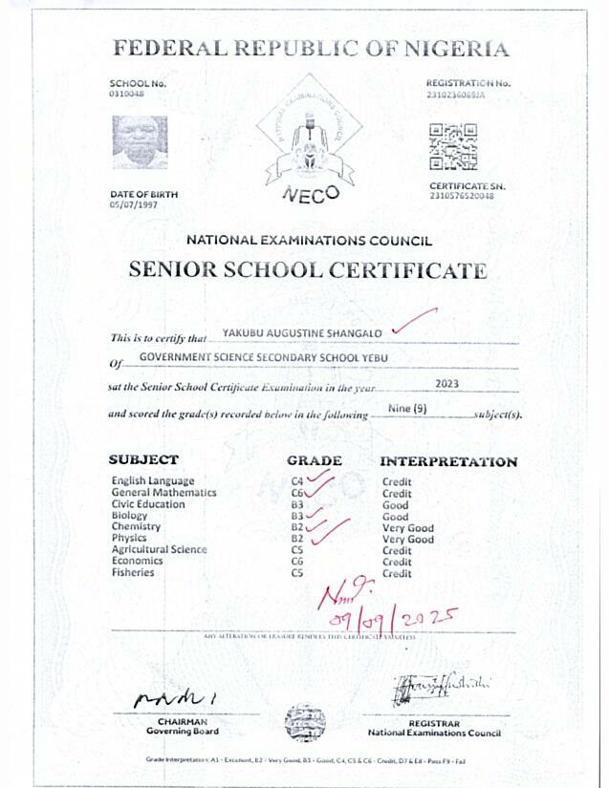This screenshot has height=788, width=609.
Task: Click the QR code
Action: tap(453, 147)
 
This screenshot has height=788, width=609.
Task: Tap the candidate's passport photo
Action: tap(140, 142)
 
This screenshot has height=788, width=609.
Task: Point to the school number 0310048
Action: tap(127, 93)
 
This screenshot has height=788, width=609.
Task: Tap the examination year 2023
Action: tap(446, 383)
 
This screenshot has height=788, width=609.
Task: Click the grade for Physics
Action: tap(297, 539)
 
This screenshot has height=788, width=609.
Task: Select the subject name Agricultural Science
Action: tap(159, 550)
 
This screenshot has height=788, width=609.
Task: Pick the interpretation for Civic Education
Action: tap(395, 504)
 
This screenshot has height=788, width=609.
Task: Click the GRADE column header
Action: tap(315, 460)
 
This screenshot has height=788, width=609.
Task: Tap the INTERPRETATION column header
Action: tap(448, 461)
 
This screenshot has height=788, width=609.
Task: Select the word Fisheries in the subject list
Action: tap(132, 573)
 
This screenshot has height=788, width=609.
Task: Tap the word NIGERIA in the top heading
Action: tap(457, 49)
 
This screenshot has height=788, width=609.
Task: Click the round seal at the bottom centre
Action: tap(304, 723)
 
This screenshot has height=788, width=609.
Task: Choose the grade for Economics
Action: tap(297, 562)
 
